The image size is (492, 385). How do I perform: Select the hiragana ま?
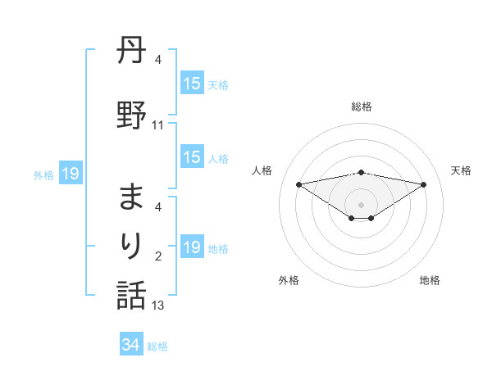[131, 197]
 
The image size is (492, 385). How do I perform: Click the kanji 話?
[131, 296]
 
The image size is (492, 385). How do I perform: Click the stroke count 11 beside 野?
[158, 125]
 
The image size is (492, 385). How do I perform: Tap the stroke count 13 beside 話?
[158, 306]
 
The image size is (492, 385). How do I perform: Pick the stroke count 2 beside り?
[158, 256]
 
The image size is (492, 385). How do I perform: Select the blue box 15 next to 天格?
[192, 84]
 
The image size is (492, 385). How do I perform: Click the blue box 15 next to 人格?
[192, 157]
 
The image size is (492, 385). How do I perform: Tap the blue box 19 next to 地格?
[192, 247]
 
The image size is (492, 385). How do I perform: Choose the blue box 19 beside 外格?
[71, 173]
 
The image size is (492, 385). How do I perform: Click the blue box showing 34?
[131, 345]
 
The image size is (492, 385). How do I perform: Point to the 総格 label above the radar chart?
[362, 106]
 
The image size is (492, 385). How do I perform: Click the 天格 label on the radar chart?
[461, 170]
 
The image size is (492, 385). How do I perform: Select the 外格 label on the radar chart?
[289, 280]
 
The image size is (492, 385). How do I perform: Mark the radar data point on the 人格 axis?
[298, 183]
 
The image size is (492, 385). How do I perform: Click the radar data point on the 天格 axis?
[424, 183]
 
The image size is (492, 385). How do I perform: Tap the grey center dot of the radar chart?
[361, 204]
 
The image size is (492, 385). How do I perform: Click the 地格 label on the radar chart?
[430, 280]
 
